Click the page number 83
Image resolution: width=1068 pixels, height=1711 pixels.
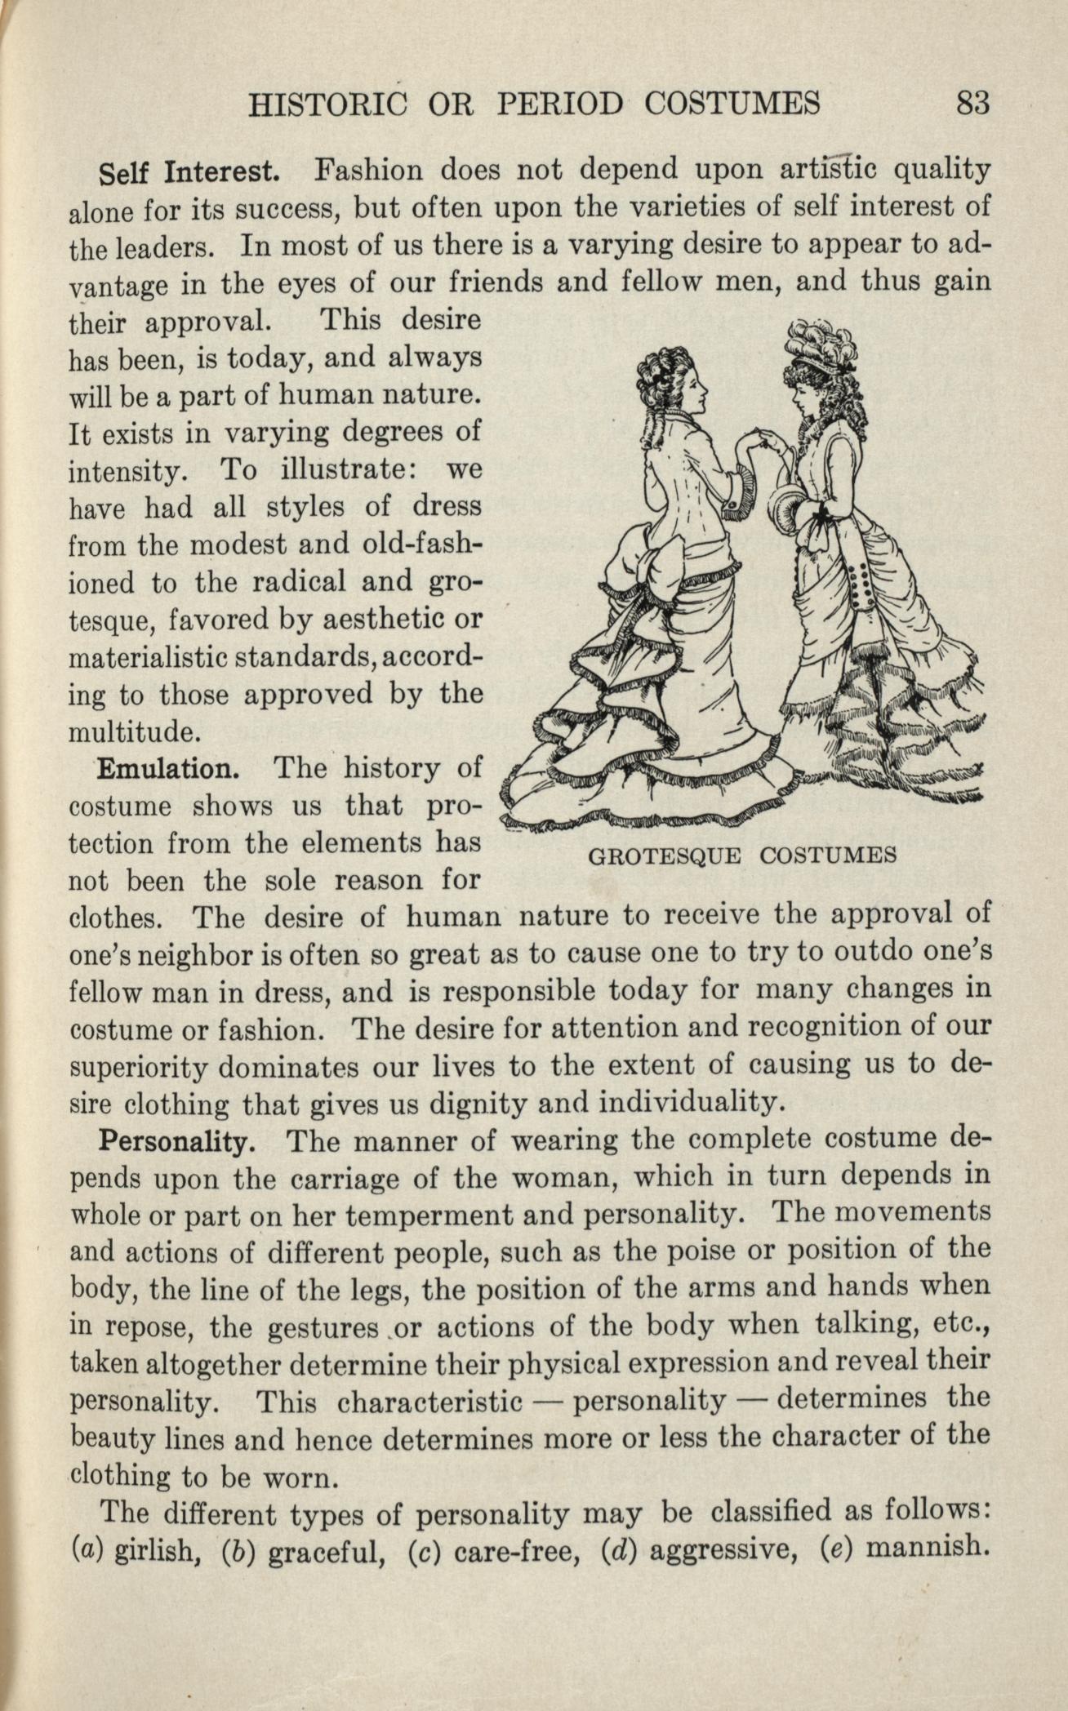[973, 105]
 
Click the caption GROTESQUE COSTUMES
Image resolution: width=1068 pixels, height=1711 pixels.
[742, 855]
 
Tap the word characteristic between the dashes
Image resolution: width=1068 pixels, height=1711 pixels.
[429, 1400]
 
